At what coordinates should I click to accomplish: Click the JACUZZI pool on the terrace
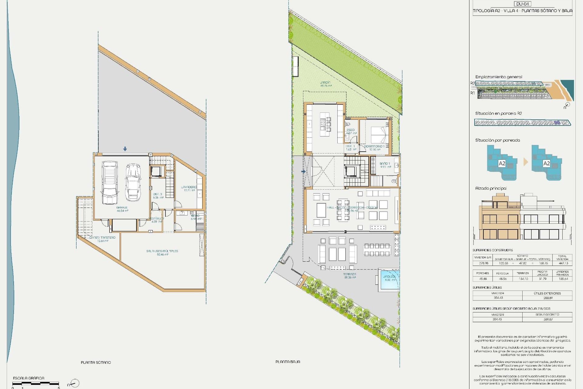pyautogui.click(x=388, y=280)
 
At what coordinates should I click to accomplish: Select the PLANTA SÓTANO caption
pyautogui.click(x=96, y=363)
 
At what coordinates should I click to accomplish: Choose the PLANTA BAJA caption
pyautogui.click(x=288, y=362)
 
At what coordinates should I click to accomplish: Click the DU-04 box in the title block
pyautogui.click(x=523, y=4)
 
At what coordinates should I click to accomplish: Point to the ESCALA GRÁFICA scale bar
pyautogui.click(x=36, y=384)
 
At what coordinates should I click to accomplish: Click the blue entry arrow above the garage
pyautogui.click(x=125, y=149)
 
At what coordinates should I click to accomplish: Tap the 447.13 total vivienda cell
pyautogui.click(x=563, y=263)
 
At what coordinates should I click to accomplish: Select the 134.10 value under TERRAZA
pyautogui.click(x=523, y=279)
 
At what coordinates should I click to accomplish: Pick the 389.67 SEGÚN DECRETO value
pyautogui.click(x=548, y=319)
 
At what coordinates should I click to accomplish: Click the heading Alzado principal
pyautogui.click(x=491, y=188)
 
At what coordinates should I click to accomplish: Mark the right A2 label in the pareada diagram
pyautogui.click(x=547, y=164)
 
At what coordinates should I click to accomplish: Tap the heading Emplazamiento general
pyautogui.click(x=499, y=77)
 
